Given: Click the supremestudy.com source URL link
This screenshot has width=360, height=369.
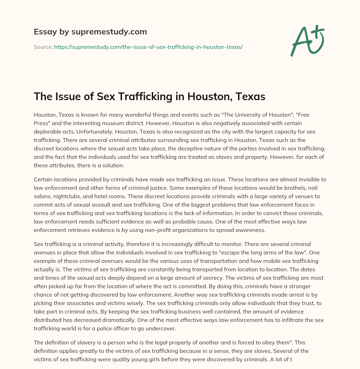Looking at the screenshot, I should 148,47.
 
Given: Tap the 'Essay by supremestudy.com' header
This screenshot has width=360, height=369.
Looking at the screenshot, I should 90,32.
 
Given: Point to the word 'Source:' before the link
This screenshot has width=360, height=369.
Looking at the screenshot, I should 43,47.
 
